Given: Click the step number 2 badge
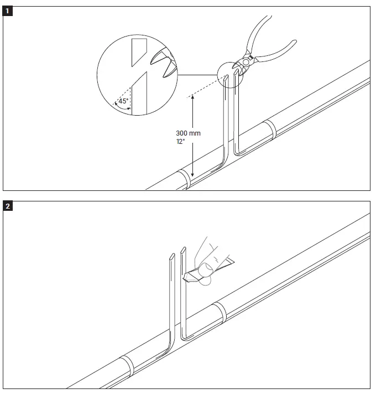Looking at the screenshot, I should click(8, 207).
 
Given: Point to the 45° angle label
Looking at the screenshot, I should click(123, 101).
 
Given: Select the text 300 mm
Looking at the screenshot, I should click(188, 133).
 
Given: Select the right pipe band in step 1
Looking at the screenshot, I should click(271, 129).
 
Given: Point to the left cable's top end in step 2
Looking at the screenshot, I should click(170, 256).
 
